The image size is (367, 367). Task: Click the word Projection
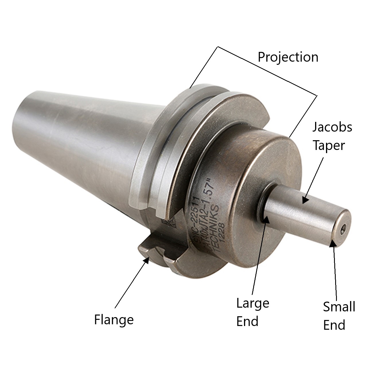click(288, 57)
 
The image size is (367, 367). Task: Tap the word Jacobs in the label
click(332, 127)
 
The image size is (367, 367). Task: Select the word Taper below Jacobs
click(328, 145)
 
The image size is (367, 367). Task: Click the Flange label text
click(114, 319)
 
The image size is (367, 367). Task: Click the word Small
click(339, 307)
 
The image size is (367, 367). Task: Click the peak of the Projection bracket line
click(218, 46)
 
